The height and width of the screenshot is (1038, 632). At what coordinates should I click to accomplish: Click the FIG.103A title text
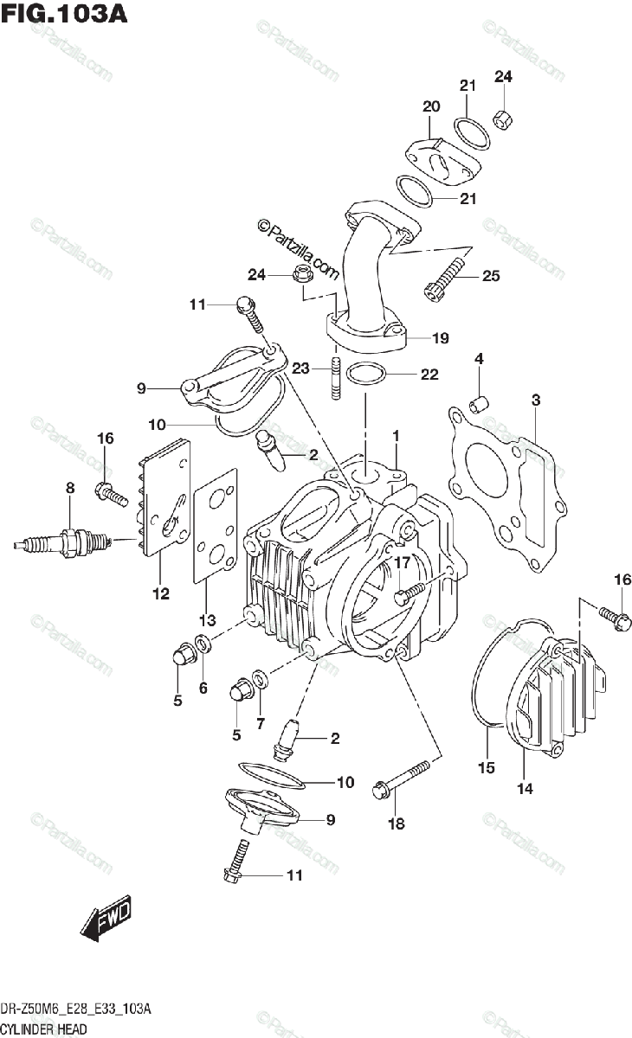tap(64, 15)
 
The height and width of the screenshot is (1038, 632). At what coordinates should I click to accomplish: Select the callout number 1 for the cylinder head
tap(395, 434)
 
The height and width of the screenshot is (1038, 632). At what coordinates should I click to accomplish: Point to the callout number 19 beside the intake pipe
tap(441, 338)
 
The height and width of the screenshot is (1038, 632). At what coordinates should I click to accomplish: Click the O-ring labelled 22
tap(366, 375)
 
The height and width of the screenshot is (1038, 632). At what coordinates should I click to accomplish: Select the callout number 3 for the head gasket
tap(536, 400)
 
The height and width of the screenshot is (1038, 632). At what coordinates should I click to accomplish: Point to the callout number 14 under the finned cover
tap(525, 787)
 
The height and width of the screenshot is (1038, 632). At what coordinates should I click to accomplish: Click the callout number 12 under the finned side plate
tap(161, 593)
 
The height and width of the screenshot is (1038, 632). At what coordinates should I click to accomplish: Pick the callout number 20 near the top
tap(431, 106)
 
